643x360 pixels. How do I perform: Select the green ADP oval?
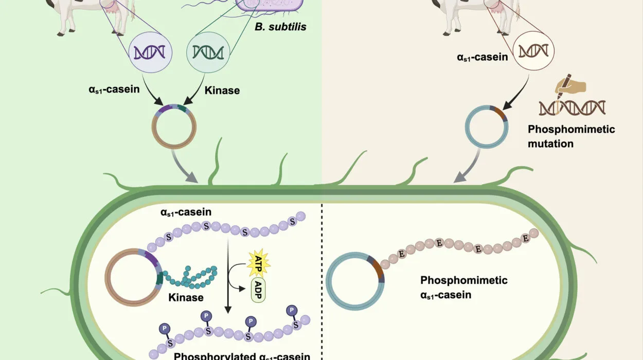click(258, 291)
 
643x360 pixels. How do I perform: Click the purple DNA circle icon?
click(150, 51)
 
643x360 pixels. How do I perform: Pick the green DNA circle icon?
click(207, 51)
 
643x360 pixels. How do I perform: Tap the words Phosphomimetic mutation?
click(571, 136)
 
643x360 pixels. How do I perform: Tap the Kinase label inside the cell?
click(186, 297)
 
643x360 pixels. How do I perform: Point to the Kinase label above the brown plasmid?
click(222, 91)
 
